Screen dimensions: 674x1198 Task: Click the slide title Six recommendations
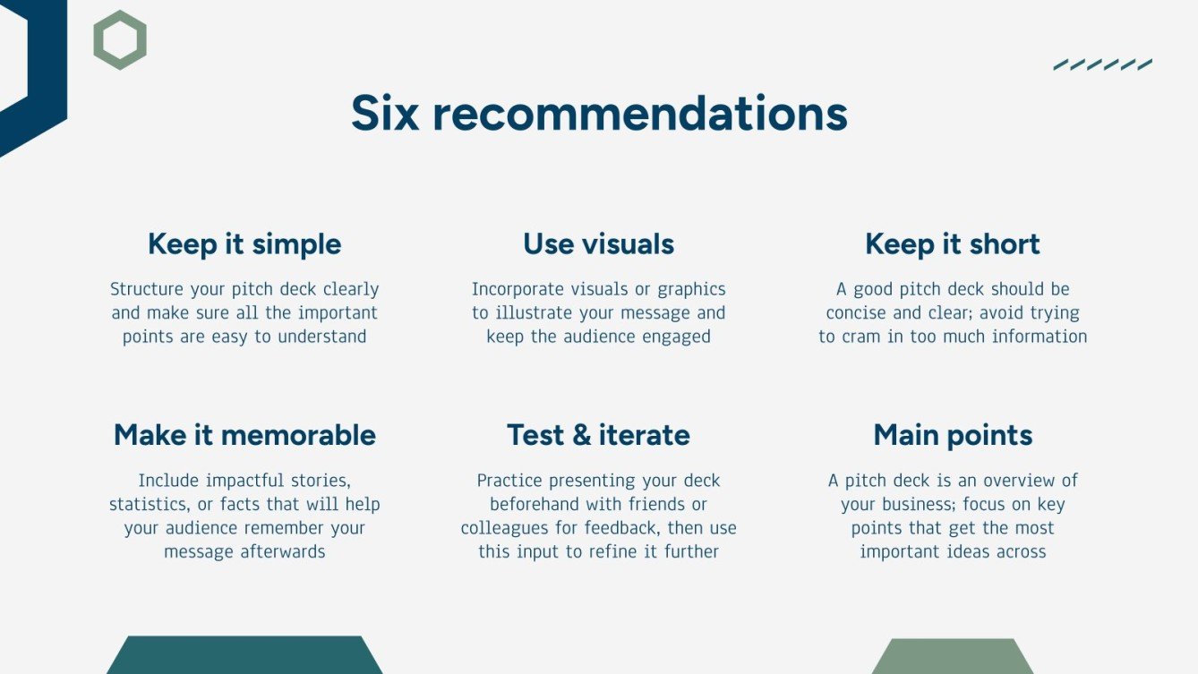[598, 114]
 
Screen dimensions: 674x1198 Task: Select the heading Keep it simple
[244, 244]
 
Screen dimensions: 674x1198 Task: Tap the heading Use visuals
[598, 244]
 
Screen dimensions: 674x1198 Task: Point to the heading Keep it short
[952, 244]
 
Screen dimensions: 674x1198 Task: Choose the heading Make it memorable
[244, 435]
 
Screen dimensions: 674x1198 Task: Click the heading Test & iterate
[598, 435]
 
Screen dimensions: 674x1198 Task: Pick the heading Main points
[953, 435]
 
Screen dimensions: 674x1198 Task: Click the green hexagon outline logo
[120, 40]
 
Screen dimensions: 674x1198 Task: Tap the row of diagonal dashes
[1102, 64]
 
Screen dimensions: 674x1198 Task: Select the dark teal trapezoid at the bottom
[244, 655]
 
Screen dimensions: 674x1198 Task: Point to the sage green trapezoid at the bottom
[953, 656]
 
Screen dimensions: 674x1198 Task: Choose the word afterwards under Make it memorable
[283, 551]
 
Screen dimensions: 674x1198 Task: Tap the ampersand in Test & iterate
[582, 435]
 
